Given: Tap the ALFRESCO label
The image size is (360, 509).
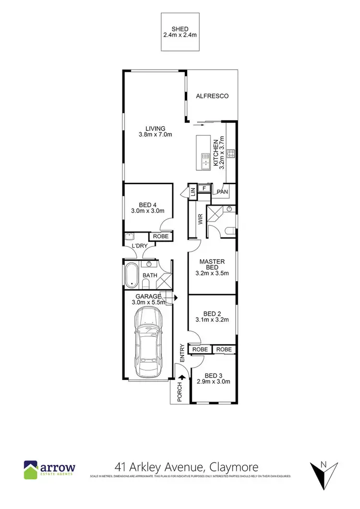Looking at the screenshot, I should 212,96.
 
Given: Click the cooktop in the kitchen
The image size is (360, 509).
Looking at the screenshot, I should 230,154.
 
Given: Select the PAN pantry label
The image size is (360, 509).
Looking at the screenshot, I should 222,192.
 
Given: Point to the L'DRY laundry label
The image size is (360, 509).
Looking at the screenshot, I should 140,246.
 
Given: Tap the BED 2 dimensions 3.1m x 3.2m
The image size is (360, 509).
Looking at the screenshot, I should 212,320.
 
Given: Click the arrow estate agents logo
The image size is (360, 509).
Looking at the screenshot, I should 49,468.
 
